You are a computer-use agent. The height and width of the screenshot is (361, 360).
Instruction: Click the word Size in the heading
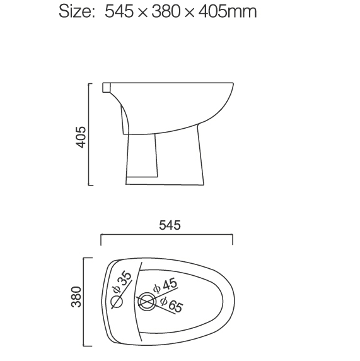[76, 11]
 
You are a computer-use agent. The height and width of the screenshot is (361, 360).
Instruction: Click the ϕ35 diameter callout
[122, 282]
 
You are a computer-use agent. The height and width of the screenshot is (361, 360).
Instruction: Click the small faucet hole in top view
[117, 301]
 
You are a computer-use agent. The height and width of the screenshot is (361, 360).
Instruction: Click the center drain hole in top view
[147, 302]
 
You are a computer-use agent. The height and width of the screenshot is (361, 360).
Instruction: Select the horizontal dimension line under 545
[167, 236]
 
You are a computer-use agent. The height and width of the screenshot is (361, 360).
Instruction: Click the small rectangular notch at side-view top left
[106, 86]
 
